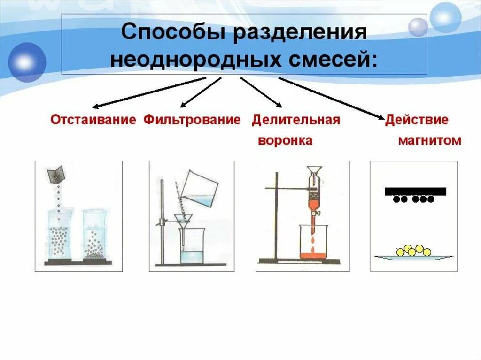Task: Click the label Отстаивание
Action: [x=93, y=120]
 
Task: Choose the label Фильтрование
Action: [x=192, y=120]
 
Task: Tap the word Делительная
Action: [x=295, y=120]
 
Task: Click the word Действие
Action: [x=417, y=120]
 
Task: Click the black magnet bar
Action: [x=415, y=191]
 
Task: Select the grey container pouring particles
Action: [x=56, y=174]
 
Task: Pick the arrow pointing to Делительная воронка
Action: [x=261, y=92]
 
